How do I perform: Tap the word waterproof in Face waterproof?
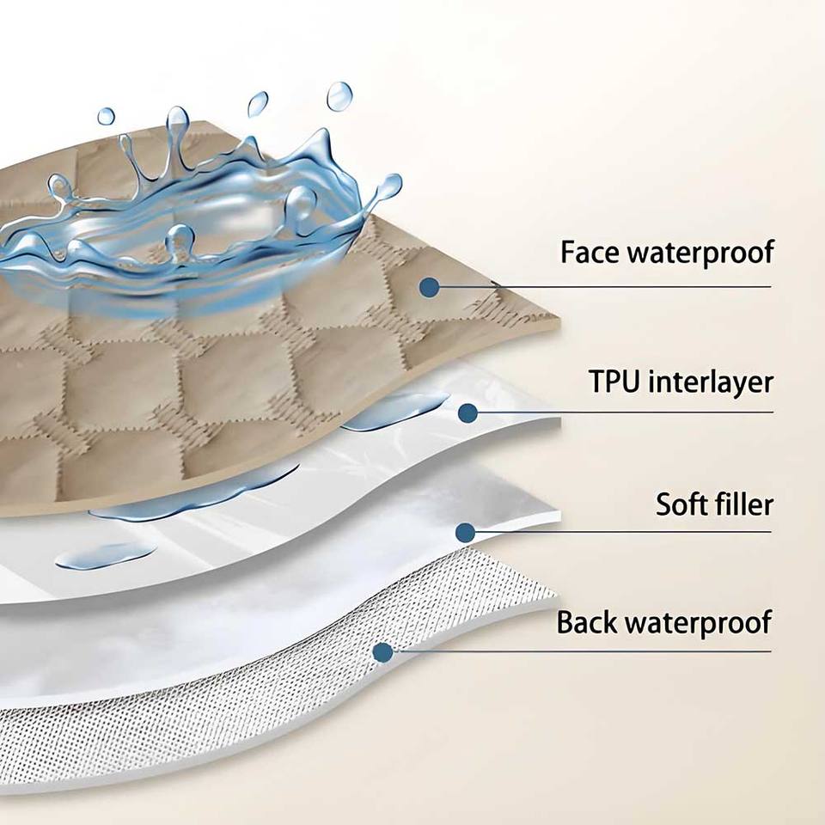(x=702, y=254)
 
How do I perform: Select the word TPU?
(x=615, y=381)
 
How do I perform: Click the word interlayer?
(x=711, y=381)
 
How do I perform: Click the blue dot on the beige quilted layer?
(x=430, y=287)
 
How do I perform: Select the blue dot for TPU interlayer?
(x=467, y=413)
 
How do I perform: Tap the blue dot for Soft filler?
(x=466, y=533)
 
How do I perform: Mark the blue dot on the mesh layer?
(x=383, y=652)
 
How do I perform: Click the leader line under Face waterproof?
(x=636, y=286)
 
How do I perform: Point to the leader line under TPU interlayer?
(x=636, y=412)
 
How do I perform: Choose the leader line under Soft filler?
(x=636, y=532)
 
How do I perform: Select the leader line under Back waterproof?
(x=602, y=651)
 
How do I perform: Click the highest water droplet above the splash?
(x=339, y=95)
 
